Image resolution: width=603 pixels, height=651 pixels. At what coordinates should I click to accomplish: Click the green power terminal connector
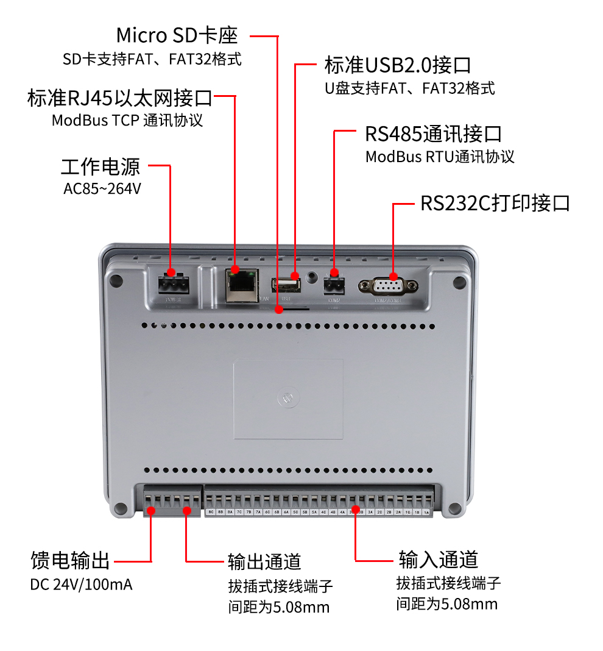point(171,284)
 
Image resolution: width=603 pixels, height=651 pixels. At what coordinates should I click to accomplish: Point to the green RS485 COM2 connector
point(333,284)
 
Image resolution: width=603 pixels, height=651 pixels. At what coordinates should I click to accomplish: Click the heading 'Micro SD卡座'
point(176,35)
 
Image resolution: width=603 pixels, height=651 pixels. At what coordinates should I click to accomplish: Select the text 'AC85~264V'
point(102,189)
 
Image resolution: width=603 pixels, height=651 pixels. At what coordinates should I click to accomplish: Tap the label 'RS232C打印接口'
point(495,204)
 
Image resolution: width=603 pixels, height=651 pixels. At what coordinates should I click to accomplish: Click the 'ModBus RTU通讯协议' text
point(440,157)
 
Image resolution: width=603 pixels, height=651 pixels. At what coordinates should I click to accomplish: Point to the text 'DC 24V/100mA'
point(81,585)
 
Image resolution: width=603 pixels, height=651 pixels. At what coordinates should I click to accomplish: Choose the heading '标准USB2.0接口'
point(398,64)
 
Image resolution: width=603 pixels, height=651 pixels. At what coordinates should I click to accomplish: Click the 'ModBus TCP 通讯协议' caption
point(127,120)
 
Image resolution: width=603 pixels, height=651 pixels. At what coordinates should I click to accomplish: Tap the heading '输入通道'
point(438,559)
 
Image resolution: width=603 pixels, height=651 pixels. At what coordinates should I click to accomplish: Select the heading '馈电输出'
point(70,560)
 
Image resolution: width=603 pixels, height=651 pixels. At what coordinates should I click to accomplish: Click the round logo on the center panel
point(288,398)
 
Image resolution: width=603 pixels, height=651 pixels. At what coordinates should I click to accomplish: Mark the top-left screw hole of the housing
point(118,282)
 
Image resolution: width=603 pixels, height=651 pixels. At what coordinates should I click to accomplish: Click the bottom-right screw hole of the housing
point(454,508)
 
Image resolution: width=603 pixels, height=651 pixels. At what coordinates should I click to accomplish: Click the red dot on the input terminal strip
point(355,509)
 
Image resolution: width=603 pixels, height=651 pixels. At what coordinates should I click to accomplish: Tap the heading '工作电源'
point(100,166)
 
